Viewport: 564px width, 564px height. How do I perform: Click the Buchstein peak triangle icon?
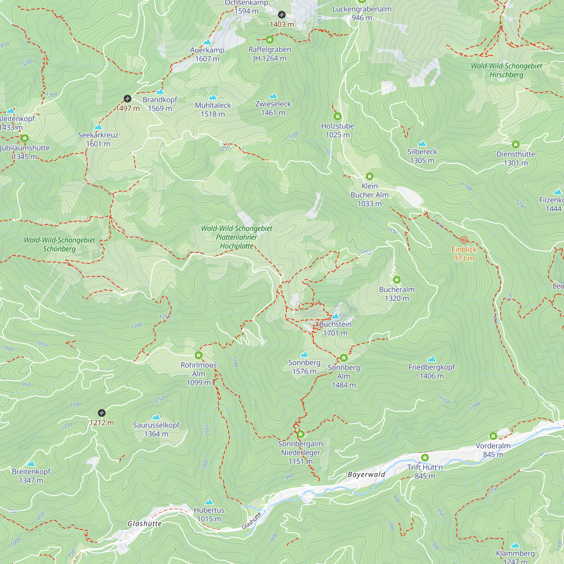[x=335, y=316]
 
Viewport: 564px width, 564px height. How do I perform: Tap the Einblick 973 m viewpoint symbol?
[x=464, y=240]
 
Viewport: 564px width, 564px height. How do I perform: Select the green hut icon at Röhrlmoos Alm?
[x=199, y=355]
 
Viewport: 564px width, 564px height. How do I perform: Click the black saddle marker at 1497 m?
[x=127, y=98]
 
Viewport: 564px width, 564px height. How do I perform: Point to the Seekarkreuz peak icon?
[x=98, y=127]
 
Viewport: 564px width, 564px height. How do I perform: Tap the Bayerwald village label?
[x=366, y=474]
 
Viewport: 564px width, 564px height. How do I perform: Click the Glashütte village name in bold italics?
[x=144, y=524]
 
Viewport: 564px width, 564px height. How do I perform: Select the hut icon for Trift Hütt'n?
[x=425, y=457]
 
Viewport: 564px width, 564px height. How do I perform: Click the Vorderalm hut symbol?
[x=493, y=436]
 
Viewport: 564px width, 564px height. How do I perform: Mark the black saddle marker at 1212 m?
[x=102, y=413]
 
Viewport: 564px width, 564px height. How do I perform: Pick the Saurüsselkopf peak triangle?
[x=156, y=417]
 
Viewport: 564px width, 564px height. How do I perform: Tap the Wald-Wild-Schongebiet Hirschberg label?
[x=506, y=70]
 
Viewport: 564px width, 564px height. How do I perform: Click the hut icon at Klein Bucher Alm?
[x=370, y=176]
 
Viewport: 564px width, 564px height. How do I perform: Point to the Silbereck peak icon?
[x=422, y=143]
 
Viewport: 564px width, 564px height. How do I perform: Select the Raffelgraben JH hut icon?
[x=269, y=39]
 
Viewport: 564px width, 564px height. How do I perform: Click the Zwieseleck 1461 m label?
[x=273, y=108]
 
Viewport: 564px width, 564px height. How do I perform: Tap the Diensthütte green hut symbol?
[x=515, y=144]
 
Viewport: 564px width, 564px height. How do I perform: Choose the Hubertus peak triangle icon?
[x=209, y=502]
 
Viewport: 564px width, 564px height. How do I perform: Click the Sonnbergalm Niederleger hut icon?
[x=300, y=434]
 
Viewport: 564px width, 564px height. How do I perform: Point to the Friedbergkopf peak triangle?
[x=431, y=359]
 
